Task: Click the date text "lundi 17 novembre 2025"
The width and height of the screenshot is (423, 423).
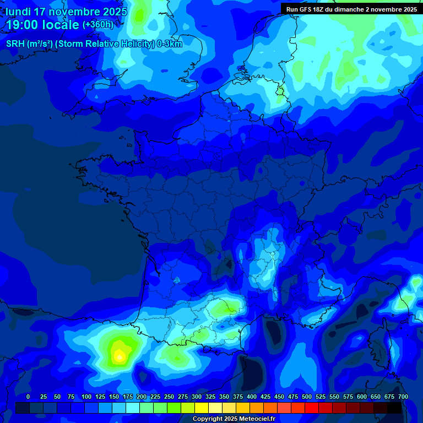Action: [66, 11]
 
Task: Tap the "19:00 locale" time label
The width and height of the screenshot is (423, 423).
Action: [42, 25]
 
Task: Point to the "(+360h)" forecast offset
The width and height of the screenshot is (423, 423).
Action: [98, 25]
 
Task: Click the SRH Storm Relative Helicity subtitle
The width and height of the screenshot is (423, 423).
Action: [94, 44]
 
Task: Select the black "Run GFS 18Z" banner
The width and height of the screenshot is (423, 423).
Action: [351, 9]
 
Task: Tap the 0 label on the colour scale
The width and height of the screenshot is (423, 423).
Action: [28, 397]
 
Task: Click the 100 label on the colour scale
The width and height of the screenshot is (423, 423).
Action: [86, 397]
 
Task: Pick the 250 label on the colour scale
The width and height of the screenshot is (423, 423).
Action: [169, 397]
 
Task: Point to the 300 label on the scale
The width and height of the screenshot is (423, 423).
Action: [197, 397]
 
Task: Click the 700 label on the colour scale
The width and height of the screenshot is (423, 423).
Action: [403, 397]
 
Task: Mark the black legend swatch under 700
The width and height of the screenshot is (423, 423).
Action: [394, 408]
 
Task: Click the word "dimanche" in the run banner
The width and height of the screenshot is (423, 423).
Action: [348, 9]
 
